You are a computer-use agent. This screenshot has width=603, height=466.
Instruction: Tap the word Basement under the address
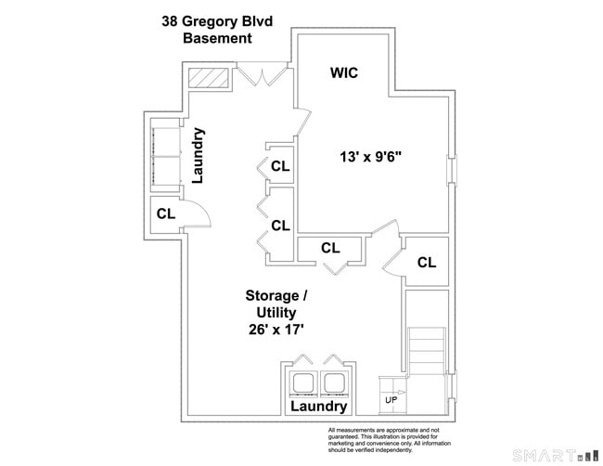(x=217, y=39)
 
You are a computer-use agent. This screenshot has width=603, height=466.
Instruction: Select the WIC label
(x=344, y=72)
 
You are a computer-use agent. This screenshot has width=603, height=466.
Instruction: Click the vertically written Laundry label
(x=198, y=155)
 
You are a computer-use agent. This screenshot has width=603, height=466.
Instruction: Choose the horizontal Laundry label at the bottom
(x=318, y=407)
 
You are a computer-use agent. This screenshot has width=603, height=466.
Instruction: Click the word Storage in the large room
(x=273, y=296)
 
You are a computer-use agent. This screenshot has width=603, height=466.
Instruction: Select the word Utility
(x=276, y=313)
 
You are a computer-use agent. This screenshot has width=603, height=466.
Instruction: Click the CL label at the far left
(x=166, y=214)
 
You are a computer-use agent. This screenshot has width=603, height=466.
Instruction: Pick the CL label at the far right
(x=426, y=263)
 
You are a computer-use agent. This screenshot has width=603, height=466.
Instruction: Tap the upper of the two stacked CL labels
(x=280, y=167)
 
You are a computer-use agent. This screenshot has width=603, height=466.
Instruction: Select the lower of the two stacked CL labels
(x=280, y=225)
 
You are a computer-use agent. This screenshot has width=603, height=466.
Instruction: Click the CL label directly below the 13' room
(x=330, y=248)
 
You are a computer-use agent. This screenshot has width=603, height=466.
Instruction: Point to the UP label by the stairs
(x=391, y=400)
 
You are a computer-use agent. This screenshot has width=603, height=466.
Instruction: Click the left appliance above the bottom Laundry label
(x=304, y=382)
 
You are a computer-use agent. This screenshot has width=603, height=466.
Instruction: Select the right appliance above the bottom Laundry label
(x=333, y=382)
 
